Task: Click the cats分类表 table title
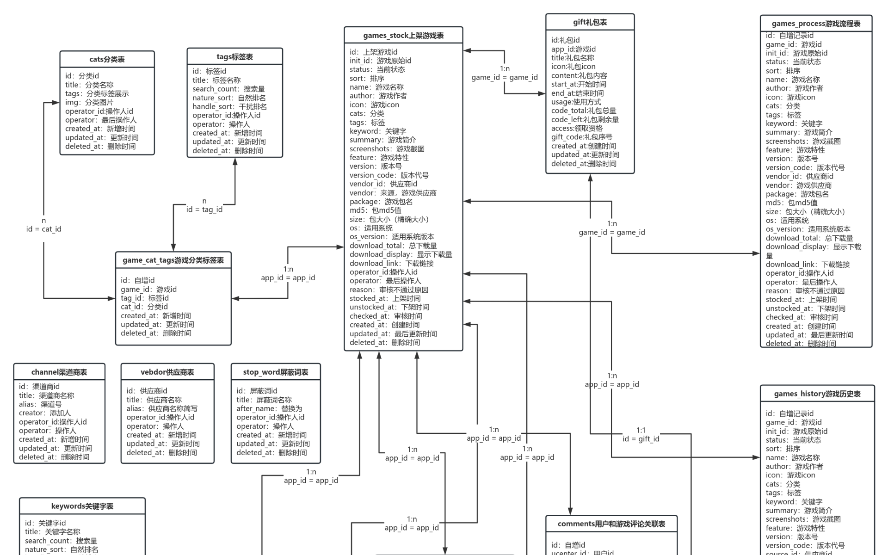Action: (x=107, y=59)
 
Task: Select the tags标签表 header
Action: (x=234, y=57)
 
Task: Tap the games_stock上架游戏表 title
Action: (x=403, y=36)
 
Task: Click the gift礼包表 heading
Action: (x=590, y=22)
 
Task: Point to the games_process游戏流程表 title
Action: (x=816, y=24)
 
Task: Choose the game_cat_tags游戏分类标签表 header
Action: (x=173, y=260)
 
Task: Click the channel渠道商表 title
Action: (x=59, y=372)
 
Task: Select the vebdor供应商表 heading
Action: (x=167, y=372)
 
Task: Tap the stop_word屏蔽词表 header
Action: (x=276, y=372)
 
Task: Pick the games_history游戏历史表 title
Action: (x=817, y=394)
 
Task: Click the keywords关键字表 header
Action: (x=82, y=506)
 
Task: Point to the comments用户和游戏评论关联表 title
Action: (x=611, y=524)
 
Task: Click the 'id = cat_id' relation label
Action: (x=44, y=229)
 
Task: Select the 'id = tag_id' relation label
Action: (x=204, y=210)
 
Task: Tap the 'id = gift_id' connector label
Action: (x=641, y=439)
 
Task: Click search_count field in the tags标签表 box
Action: (x=228, y=89)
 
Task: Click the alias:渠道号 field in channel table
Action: (x=40, y=404)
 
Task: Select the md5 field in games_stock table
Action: (x=375, y=210)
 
